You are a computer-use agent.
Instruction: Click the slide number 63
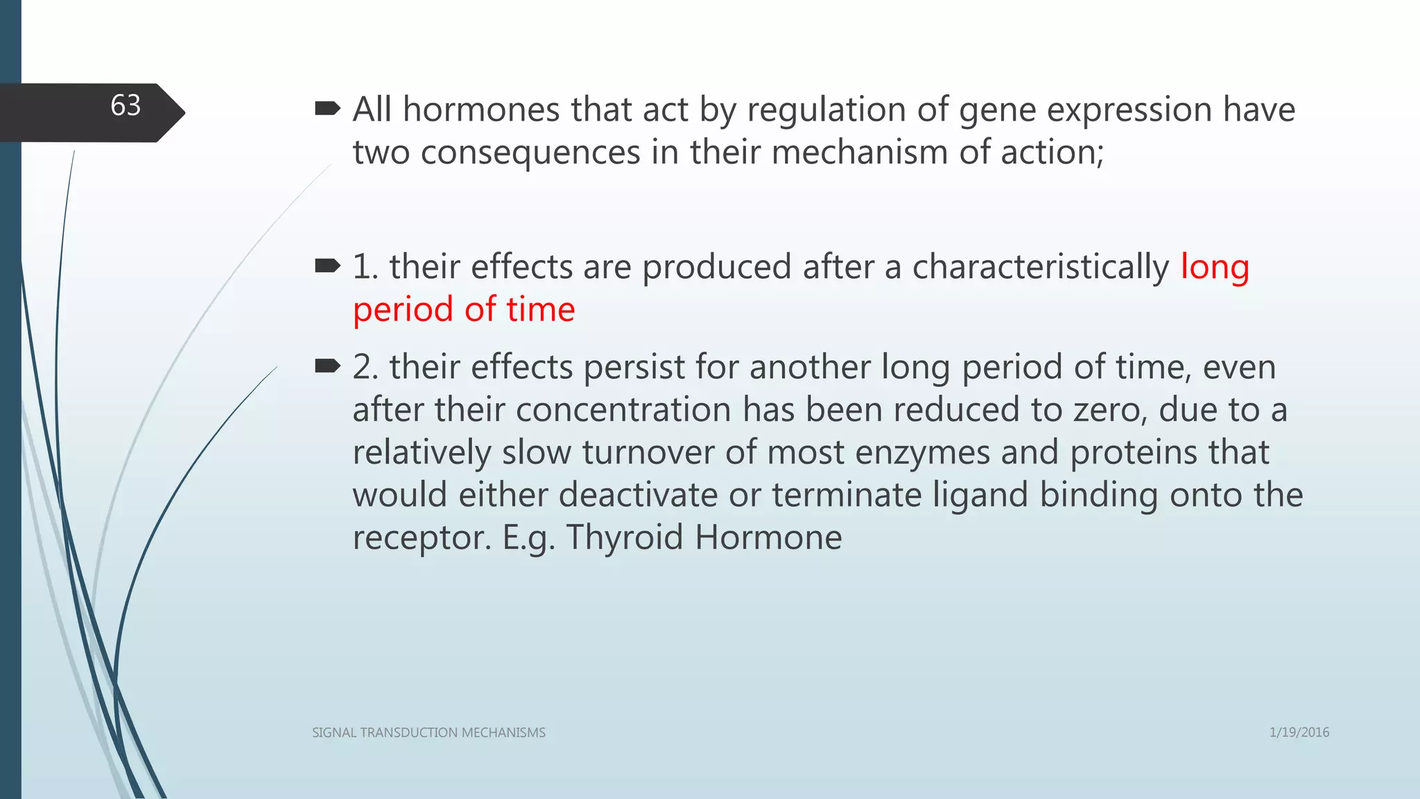[x=125, y=105]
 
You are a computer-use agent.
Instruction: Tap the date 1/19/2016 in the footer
[x=1299, y=732]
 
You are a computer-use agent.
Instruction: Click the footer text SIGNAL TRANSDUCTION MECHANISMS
[x=428, y=732]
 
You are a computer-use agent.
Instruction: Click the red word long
[x=1215, y=268]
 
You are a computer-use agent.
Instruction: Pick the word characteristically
[x=1040, y=268]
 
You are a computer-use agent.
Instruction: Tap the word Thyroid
[x=625, y=538]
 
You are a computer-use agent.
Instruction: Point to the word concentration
[x=623, y=410]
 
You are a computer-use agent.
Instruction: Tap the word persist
[x=634, y=368]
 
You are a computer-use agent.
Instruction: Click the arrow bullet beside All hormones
[x=327, y=109]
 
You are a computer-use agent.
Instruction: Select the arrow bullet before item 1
[x=327, y=266]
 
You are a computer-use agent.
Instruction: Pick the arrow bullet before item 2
[x=327, y=366]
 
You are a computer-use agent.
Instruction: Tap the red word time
[x=540, y=309]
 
